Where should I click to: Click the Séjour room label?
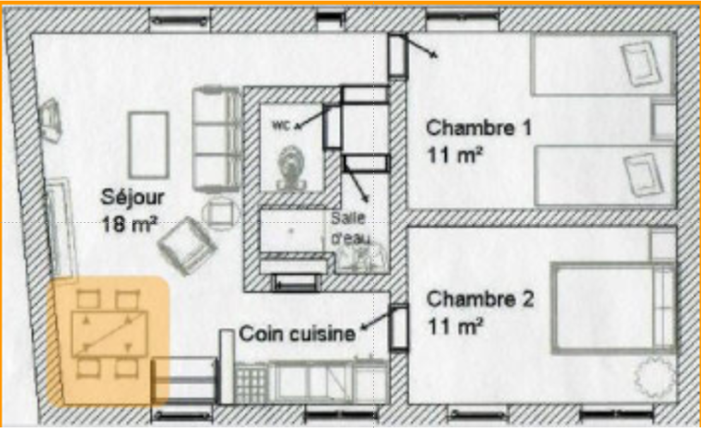(x=133, y=198)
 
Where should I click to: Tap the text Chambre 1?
(x=479, y=128)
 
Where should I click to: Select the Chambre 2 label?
(x=480, y=299)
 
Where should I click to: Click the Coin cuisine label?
(x=297, y=334)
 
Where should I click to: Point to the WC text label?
(x=281, y=126)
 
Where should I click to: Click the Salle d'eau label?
(x=350, y=229)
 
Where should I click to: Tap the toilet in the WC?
(x=291, y=167)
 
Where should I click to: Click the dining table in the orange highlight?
(x=110, y=334)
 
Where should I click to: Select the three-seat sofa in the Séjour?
(x=217, y=140)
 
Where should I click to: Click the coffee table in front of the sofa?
(x=148, y=145)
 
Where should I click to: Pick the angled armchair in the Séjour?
(x=187, y=245)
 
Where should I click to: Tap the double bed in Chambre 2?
(x=613, y=308)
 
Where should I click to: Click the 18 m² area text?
(x=129, y=224)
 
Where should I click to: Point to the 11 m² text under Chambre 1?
(x=455, y=155)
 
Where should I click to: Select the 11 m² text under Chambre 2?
(x=455, y=326)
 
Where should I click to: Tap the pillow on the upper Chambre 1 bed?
(x=641, y=63)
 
